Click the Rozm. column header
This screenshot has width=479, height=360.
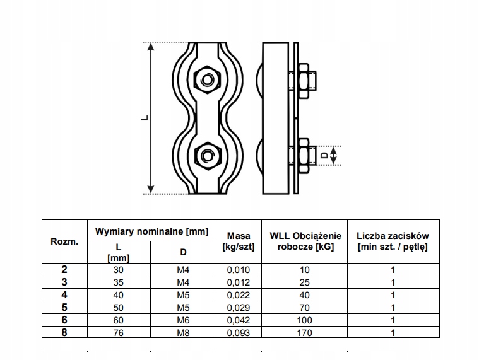click(x=64, y=241)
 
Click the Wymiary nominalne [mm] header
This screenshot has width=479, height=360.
click(x=151, y=231)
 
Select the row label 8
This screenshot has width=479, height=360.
click(x=64, y=332)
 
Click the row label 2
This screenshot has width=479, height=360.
click(x=64, y=269)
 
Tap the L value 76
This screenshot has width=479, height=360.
click(x=119, y=332)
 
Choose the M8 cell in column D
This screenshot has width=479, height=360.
click(x=183, y=332)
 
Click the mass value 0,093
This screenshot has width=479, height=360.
click(x=239, y=332)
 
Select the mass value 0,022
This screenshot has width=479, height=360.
click(x=239, y=294)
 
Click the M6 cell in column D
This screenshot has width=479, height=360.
click(x=183, y=320)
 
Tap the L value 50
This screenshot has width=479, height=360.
click(x=119, y=307)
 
